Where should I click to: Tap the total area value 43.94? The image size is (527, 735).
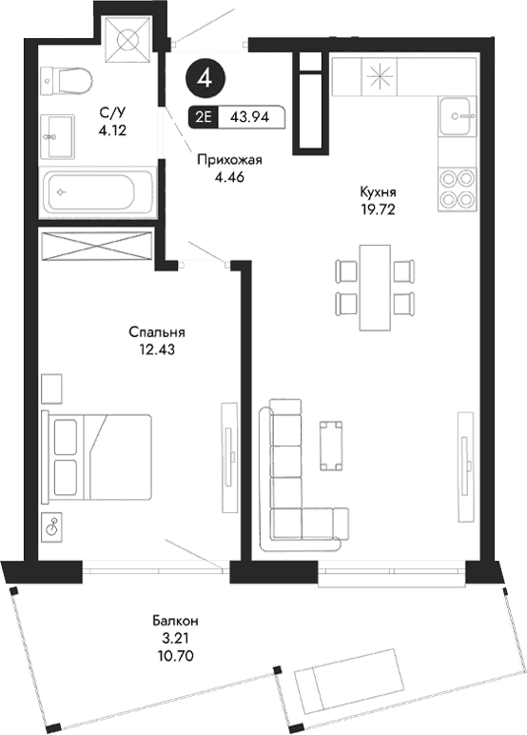pos(250,118)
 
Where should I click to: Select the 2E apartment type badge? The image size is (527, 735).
pos(203,118)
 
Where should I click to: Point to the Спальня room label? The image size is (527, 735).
pos(156,332)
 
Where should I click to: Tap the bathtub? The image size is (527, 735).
pos(96,191)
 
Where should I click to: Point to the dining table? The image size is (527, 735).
pos(377,287)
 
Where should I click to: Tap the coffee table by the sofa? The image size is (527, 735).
pos(330,445)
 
